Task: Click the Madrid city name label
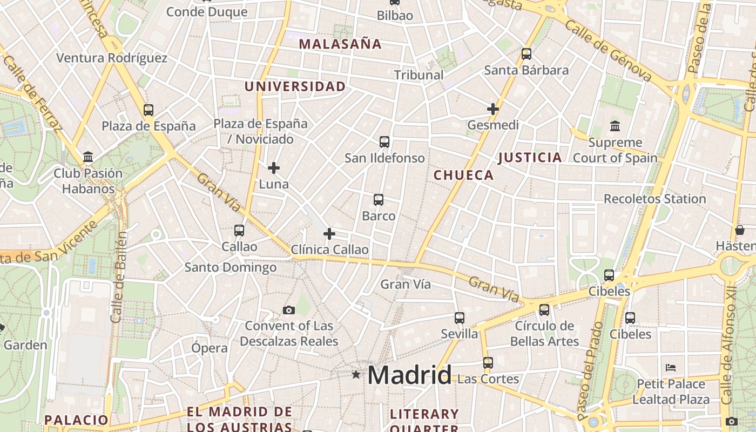tap(409, 375)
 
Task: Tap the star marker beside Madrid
tap(356, 374)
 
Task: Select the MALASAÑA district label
tap(340, 44)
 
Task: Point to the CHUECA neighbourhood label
tap(464, 175)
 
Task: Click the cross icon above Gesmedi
tap(493, 109)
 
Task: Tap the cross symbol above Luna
tap(274, 168)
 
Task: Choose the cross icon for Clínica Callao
tap(329, 234)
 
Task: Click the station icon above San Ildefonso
tap(384, 142)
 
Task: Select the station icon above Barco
tap(379, 200)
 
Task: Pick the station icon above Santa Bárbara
tap(526, 54)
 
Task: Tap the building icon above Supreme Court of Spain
tap(615, 126)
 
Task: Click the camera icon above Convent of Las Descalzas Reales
tap(289, 310)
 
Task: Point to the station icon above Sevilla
tap(460, 318)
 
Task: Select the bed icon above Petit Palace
tap(671, 368)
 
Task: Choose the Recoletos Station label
tap(654, 199)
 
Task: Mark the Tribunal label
tap(418, 75)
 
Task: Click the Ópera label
tap(210, 348)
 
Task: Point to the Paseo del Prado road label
tap(590, 371)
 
